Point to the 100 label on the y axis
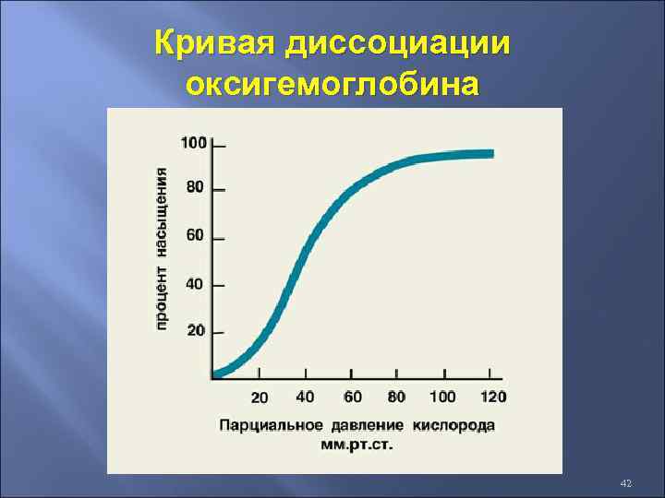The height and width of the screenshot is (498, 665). pos(193,143)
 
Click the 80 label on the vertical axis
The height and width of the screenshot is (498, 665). pos(196,187)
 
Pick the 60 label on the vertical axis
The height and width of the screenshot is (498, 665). pos(196,235)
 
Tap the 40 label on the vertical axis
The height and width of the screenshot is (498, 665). pos(196,283)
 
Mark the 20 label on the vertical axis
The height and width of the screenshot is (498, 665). pos(196,330)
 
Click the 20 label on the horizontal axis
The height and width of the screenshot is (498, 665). pos(260,397)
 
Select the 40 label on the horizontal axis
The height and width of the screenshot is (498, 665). pos(305,397)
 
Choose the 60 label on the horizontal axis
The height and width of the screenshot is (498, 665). pos(352,397)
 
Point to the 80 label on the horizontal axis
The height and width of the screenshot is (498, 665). pos(396,397)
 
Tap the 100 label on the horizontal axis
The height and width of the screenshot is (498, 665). pos(442,397)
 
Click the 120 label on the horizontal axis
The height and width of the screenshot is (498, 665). pos(493,397)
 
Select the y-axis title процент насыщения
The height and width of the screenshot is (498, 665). pos(163,247)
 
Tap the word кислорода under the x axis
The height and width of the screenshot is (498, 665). pos(453,425)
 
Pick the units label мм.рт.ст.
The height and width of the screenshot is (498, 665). pos(357,445)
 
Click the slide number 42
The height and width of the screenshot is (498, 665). pos(625,483)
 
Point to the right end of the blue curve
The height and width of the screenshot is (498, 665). pos(490,154)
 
